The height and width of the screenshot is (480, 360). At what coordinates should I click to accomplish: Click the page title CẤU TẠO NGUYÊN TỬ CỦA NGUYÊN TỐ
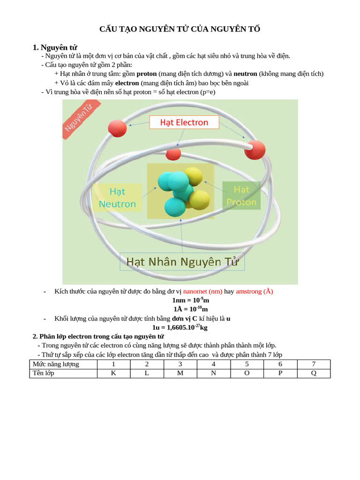pos(180,30)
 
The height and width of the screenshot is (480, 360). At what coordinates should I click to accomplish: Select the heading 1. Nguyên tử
pos(55,47)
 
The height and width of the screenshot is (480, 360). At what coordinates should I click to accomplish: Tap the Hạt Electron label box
pos(184,122)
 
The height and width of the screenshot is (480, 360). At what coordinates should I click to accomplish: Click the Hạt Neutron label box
pos(117,197)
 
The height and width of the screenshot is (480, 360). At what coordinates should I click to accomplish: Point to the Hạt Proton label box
pos(241,195)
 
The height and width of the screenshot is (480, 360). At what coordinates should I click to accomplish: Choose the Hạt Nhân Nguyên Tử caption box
pos(182,262)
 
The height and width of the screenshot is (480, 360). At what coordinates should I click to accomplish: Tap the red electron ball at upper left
pos(117,128)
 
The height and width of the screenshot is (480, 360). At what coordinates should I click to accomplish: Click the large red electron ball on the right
pos(255,150)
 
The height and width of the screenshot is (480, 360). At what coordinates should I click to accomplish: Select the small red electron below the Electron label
pos(173,153)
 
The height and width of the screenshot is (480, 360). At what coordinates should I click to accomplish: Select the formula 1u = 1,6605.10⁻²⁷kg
pos(180,327)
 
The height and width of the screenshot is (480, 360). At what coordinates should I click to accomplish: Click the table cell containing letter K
pos(113,373)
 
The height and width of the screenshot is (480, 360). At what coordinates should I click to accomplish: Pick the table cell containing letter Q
pos(314,373)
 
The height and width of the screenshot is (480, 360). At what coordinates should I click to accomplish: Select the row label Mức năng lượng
pos(55,364)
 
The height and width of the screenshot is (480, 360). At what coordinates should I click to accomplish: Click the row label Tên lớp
pos(43,373)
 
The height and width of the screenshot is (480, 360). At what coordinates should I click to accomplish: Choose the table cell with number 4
pos(213,364)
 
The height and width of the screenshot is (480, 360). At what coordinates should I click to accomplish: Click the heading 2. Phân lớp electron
pos(98,337)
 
